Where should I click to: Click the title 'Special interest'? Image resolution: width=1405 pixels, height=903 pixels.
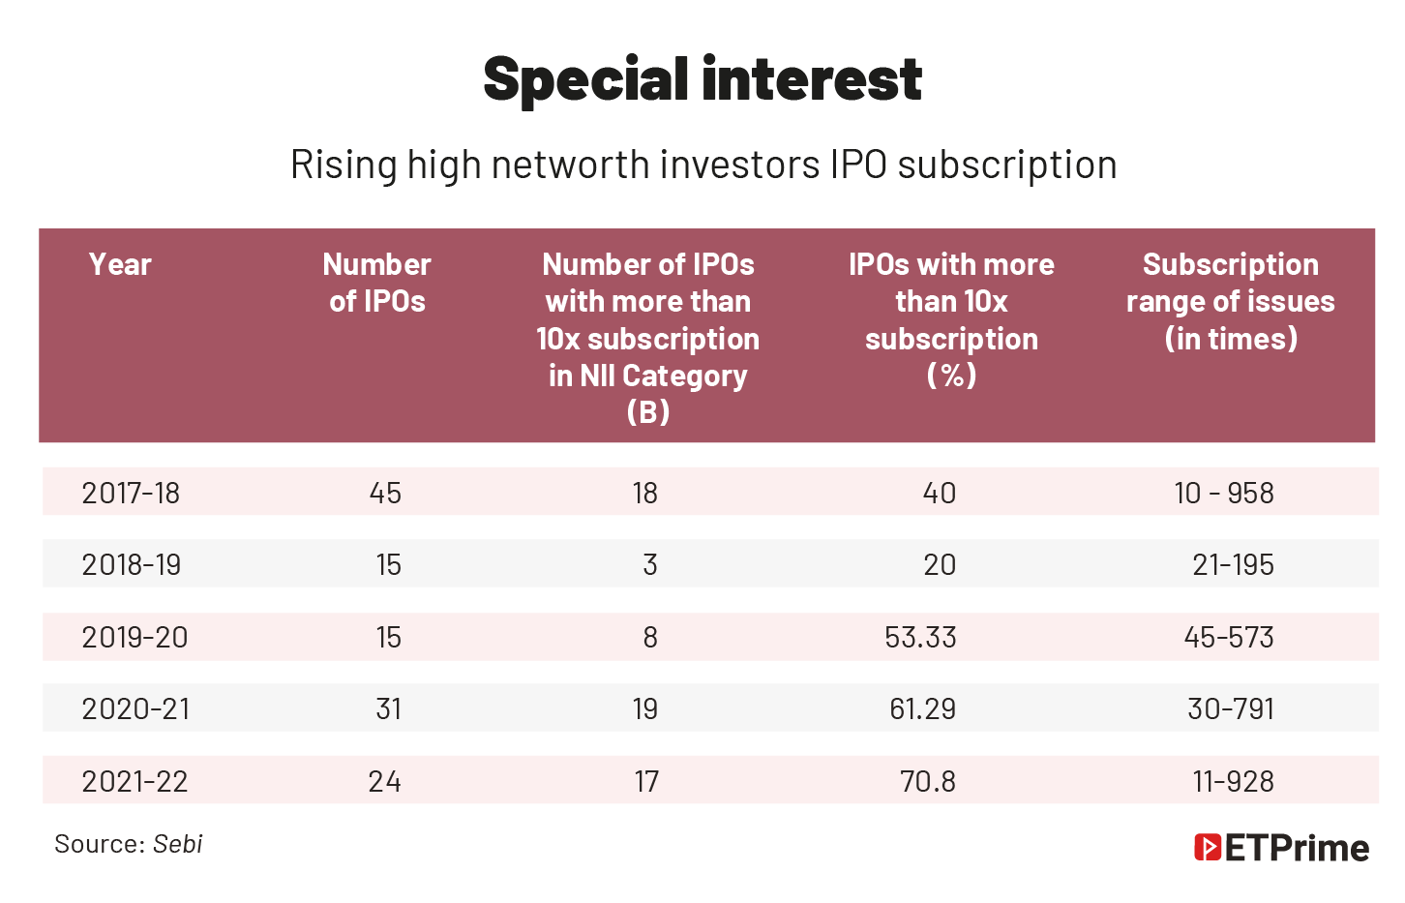[x=702, y=79]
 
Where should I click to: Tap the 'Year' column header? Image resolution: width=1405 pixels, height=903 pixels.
[x=120, y=264]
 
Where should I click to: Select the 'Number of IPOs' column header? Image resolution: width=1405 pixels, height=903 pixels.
[x=376, y=283]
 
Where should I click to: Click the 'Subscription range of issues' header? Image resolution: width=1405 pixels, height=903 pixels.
[x=1230, y=301]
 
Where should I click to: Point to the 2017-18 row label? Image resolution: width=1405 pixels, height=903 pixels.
[x=131, y=493]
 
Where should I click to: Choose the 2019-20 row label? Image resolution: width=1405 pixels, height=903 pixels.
[x=135, y=637]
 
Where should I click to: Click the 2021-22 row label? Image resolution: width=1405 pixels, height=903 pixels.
[x=135, y=781]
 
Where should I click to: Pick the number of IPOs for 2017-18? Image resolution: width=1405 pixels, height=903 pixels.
[x=385, y=493]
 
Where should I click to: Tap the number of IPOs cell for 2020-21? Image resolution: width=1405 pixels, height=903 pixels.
[x=388, y=708]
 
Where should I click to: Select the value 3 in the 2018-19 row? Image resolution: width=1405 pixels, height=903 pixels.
[x=649, y=564]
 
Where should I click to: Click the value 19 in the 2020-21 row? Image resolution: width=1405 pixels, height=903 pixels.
[x=645, y=708]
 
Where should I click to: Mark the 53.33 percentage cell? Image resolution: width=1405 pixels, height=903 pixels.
[x=920, y=637]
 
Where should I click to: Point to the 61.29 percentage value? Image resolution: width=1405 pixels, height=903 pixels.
[x=922, y=708]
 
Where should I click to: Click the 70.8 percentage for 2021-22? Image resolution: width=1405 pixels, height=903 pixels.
[x=927, y=781]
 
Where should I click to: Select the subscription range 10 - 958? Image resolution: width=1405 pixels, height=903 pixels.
[x=1224, y=493]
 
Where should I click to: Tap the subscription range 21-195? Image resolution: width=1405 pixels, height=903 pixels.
[x=1233, y=564]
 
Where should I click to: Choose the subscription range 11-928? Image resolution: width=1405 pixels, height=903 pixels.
[x=1233, y=781]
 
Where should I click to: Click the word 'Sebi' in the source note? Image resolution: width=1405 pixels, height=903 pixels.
[x=178, y=844]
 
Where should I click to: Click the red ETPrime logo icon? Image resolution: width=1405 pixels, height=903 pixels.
[x=1207, y=848]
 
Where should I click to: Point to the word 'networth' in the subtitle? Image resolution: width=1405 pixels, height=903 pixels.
[x=570, y=165]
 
